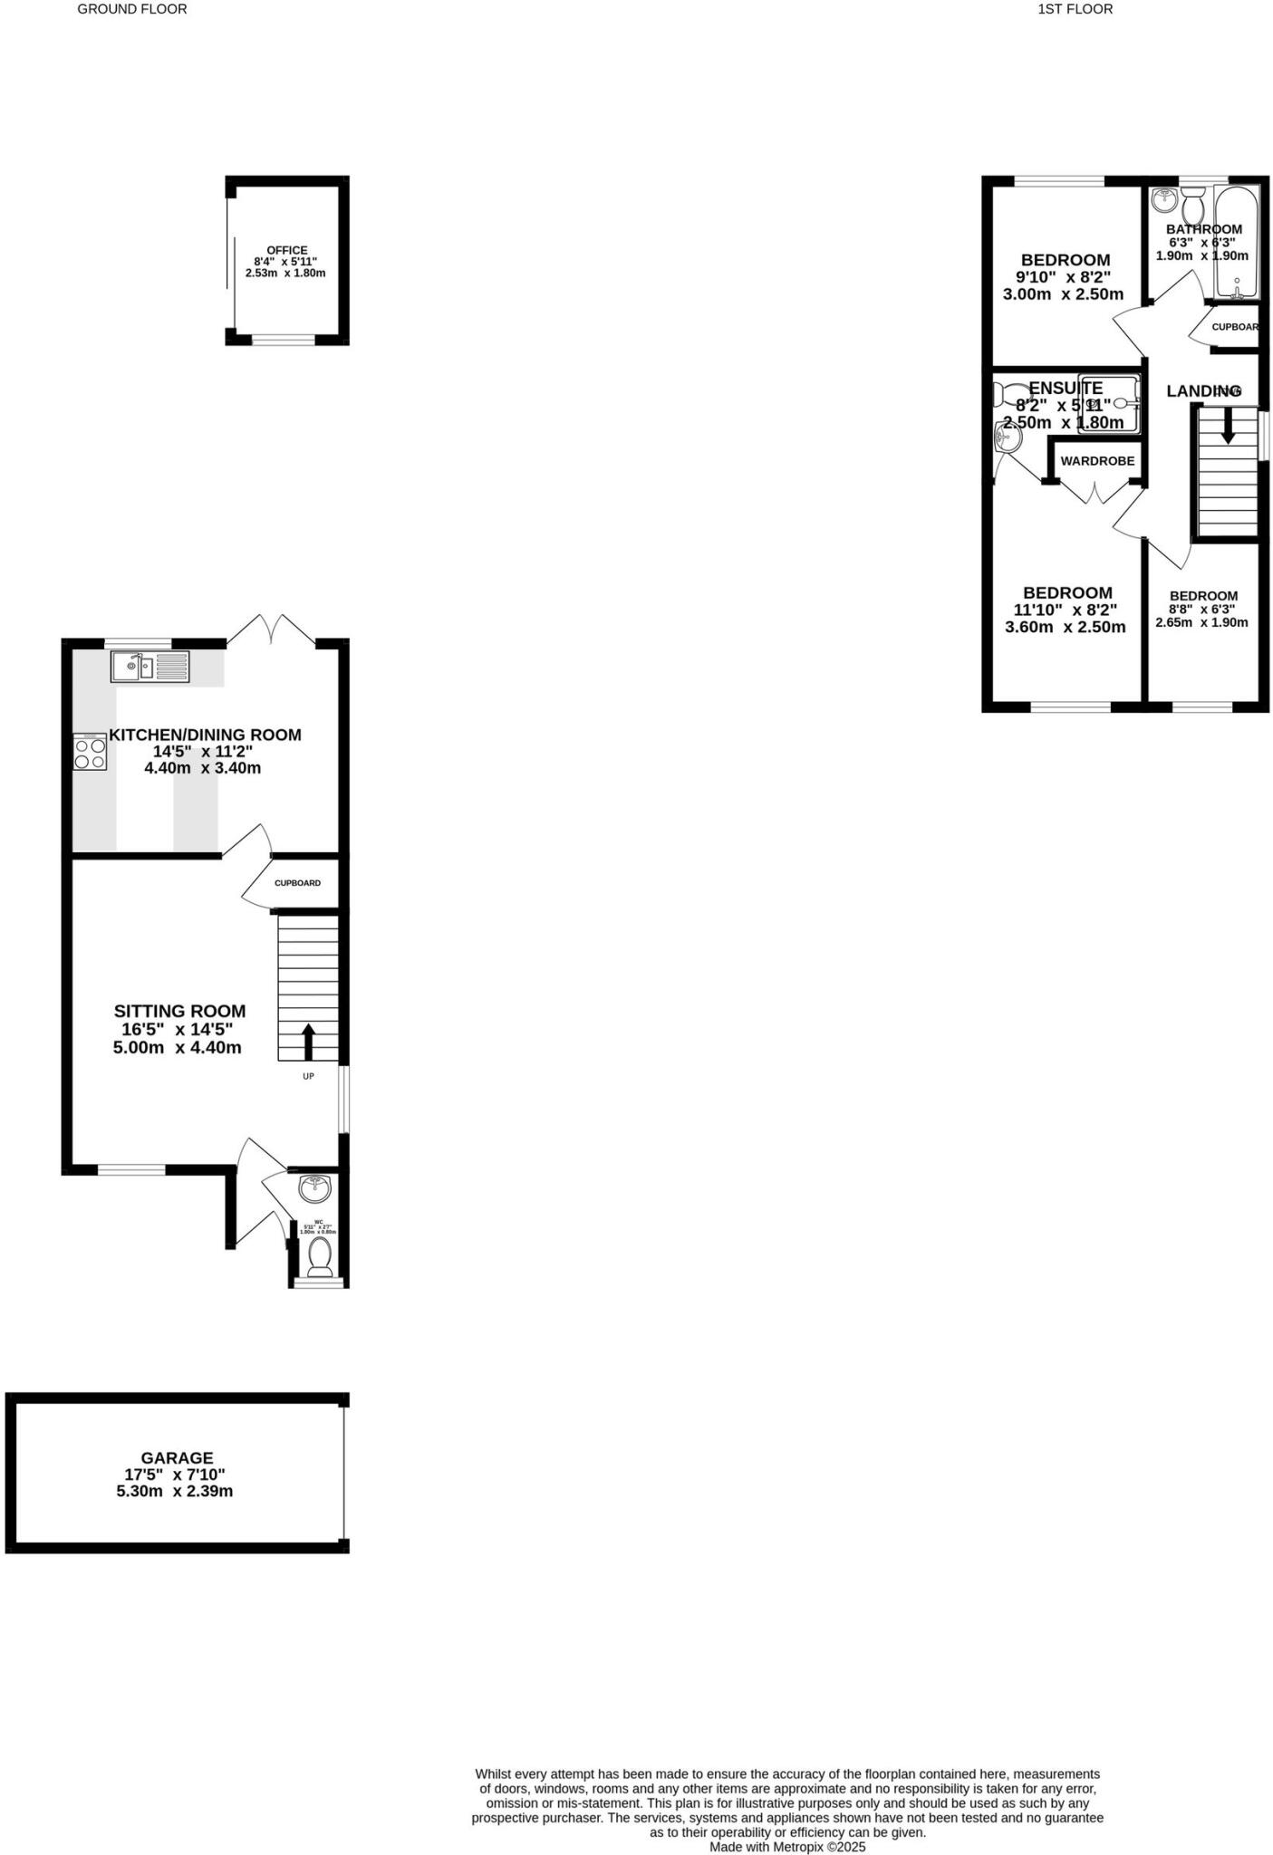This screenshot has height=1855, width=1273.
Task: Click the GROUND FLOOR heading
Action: pyautogui.click(x=132, y=9)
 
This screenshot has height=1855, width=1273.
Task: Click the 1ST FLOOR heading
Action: pyautogui.click(x=1075, y=9)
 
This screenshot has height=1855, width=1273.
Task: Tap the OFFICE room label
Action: pyautogui.click(x=286, y=250)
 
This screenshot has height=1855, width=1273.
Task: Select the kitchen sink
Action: pyautogui.click(x=150, y=666)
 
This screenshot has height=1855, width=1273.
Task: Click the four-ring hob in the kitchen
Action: pyautogui.click(x=90, y=753)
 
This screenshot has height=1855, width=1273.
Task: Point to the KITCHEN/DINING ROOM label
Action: pyautogui.click(x=205, y=735)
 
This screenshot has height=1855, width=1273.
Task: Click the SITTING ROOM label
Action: pyautogui.click(x=179, y=1011)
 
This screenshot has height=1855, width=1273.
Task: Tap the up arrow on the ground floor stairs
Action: pyautogui.click(x=308, y=1041)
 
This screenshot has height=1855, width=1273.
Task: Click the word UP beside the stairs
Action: pyautogui.click(x=308, y=1076)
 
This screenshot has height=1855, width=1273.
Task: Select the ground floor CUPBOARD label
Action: pyautogui.click(x=297, y=883)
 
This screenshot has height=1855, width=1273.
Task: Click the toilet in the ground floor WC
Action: pyautogui.click(x=319, y=1256)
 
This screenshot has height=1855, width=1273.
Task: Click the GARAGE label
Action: pyautogui.click(x=177, y=1457)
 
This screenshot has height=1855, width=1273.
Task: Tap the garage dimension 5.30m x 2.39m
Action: pyautogui.click(x=175, y=1491)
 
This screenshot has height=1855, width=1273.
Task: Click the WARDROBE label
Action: pyautogui.click(x=1097, y=461)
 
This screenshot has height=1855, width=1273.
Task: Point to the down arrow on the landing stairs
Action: pyautogui.click(x=1228, y=427)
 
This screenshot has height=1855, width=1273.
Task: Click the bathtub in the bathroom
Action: pyautogui.click(x=1236, y=243)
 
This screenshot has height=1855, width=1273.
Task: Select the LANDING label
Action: pyautogui.click(x=1203, y=391)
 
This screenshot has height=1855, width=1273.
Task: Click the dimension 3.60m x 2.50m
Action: pyautogui.click(x=1066, y=627)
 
